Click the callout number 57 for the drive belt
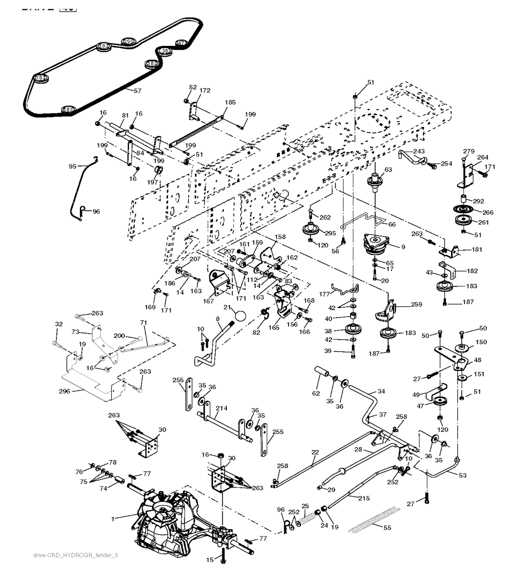[x=137, y=91]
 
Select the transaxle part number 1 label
[x=112, y=518]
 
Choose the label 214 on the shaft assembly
[x=221, y=408]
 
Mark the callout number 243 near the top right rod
[x=419, y=151]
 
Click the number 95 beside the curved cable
[x=73, y=166]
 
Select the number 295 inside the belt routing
[x=128, y=41]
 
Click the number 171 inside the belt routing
[x=181, y=43]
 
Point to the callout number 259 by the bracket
[x=416, y=304]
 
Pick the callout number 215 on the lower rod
[x=364, y=498]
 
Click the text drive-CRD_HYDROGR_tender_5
[x=75, y=555]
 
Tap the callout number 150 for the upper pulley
[x=481, y=342]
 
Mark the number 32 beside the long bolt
[x=59, y=324]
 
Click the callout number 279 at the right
[x=468, y=151]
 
